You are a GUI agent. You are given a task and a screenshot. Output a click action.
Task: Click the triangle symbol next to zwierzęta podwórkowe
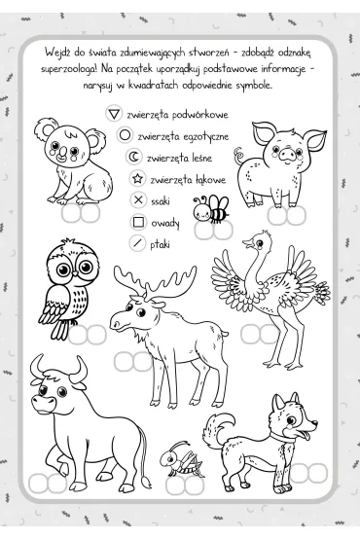pos(114,114)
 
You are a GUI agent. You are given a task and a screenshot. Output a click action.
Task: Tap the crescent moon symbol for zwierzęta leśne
pos(133,157)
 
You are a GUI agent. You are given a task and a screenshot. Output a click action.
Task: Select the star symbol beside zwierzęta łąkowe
pos(137,178)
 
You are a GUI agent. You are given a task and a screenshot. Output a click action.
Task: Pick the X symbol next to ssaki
pos(138,199)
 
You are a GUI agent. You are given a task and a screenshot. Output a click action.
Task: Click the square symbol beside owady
pos(138,222)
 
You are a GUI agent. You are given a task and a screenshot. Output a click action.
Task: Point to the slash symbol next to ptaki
pos(137,243)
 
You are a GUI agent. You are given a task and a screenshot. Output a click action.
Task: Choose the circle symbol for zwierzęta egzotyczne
pos(125,135)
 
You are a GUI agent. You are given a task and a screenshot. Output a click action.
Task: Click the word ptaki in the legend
pos(160,244)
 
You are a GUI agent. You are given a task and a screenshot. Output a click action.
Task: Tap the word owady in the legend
pos(165,223)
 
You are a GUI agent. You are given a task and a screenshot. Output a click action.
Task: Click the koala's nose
pos(62,153)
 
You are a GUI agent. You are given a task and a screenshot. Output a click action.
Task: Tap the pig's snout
pos(287,153)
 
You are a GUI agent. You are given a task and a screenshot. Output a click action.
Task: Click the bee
pos(211,208)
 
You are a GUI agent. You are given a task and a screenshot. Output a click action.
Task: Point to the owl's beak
pos(75,273)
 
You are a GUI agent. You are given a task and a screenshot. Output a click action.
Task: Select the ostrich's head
pos(259,240)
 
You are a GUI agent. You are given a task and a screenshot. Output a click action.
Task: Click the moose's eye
pos(140,312)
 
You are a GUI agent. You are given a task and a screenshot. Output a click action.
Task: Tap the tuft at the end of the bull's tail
pos(147,483)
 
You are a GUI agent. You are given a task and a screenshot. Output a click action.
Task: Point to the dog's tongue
pos(305,437)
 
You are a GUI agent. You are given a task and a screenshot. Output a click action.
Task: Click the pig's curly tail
pos(239,156)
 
